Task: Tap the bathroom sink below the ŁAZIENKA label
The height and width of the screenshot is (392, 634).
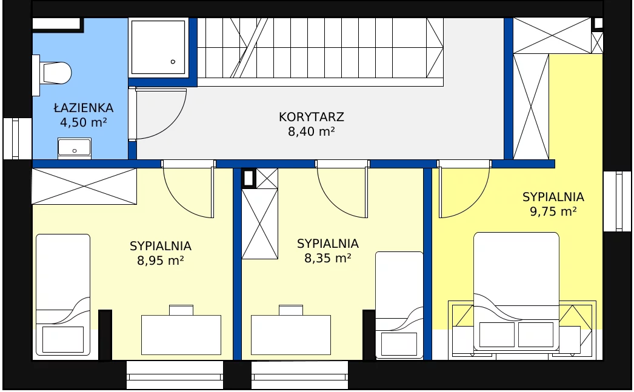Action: click(75, 148)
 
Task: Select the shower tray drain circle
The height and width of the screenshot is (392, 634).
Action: click(173, 62)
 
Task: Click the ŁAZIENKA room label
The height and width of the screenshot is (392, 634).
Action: click(84, 108)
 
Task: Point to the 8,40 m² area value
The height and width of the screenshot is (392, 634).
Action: click(312, 131)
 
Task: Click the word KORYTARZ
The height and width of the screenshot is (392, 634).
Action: click(312, 117)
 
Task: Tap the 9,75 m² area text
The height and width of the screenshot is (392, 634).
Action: click(553, 211)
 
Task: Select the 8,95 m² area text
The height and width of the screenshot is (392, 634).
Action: click(161, 261)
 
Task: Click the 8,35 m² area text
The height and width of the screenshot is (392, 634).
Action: click(327, 258)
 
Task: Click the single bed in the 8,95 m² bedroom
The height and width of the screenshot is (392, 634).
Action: click(63, 294)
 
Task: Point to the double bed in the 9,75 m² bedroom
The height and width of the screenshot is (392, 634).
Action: click(516, 291)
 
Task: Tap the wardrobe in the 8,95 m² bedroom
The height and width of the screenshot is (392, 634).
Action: click(84, 186)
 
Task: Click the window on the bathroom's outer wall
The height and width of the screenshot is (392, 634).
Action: click(16, 139)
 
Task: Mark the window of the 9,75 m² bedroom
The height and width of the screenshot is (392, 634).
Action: click(617, 201)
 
